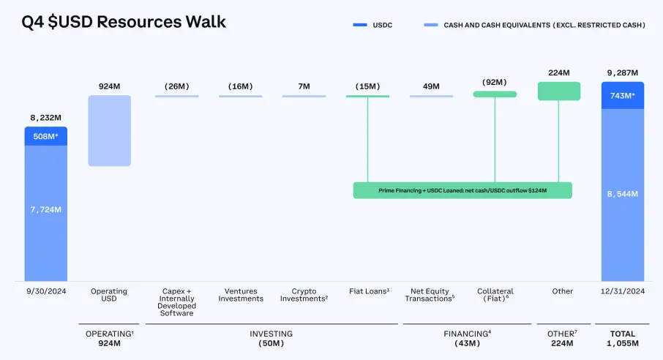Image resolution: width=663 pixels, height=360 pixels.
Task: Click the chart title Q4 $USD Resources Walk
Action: pyautogui.click(x=122, y=22)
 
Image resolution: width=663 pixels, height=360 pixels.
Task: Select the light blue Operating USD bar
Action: pyautogui.click(x=109, y=131)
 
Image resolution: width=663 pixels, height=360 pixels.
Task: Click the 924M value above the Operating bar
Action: pyautogui.click(x=109, y=86)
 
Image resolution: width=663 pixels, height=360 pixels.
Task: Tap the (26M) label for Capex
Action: pyautogui.click(x=176, y=86)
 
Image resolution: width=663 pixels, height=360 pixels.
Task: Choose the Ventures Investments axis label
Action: pyautogui.click(x=241, y=295)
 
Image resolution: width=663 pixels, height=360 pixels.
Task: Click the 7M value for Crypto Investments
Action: pyautogui.click(x=304, y=86)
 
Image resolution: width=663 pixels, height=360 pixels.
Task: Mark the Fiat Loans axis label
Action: pyautogui.click(x=367, y=291)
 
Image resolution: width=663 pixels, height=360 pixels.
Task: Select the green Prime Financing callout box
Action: pyautogui.click(x=462, y=190)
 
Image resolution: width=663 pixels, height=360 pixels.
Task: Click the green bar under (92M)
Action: pyautogui.click(x=495, y=94)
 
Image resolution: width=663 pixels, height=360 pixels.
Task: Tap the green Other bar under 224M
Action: pyautogui.click(x=559, y=91)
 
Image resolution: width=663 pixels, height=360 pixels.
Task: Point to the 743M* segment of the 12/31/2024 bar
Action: pyautogui.click(x=623, y=96)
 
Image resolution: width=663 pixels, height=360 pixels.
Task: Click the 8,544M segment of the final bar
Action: pyautogui.click(x=623, y=194)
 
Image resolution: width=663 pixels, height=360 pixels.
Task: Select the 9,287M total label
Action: pyautogui.click(x=623, y=72)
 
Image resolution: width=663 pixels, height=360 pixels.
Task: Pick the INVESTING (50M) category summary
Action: pyautogui.click(x=271, y=338)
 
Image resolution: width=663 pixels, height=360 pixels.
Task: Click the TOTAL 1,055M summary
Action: pyautogui.click(x=623, y=338)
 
